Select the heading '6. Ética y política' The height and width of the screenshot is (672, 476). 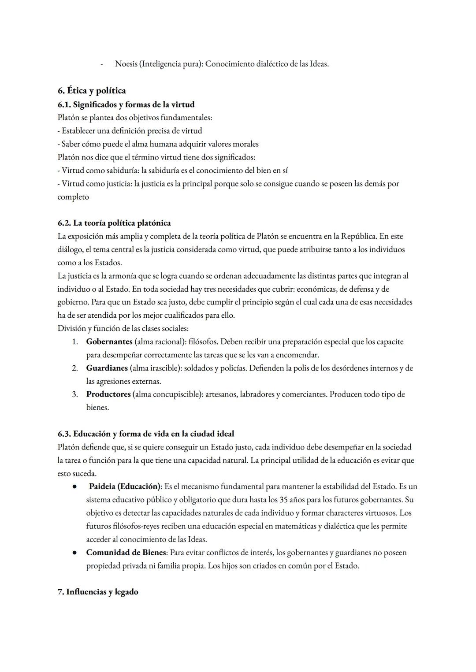click(x=92, y=91)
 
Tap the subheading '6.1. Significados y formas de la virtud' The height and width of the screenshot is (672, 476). click(x=126, y=104)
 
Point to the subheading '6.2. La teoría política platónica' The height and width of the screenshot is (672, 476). click(x=114, y=223)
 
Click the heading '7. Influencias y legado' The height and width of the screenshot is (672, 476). click(x=98, y=592)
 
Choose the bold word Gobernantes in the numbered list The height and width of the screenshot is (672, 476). click(x=109, y=342)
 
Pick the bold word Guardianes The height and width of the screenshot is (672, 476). click(x=107, y=368)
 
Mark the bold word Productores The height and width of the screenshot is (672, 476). click(x=108, y=394)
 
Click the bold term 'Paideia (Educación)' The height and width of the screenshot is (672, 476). click(x=125, y=486)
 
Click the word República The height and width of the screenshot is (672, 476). click(x=358, y=236)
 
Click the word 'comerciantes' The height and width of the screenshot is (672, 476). click(x=304, y=394)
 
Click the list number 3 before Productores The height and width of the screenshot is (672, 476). click(x=75, y=394)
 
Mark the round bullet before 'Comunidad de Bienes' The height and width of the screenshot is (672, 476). click(x=75, y=553)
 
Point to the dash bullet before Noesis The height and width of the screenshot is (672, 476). click(x=102, y=64)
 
